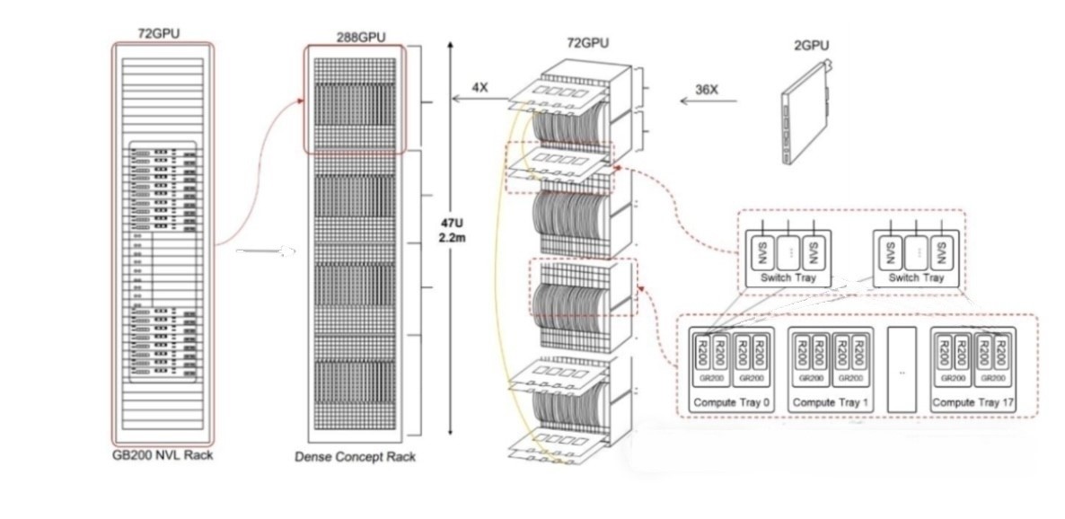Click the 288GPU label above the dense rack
tap(355, 38)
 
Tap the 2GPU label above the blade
tap(811, 43)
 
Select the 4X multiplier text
tap(480, 88)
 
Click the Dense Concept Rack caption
tap(355, 457)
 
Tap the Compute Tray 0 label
tap(732, 402)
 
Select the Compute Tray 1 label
tap(831, 402)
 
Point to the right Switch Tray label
tap(916, 278)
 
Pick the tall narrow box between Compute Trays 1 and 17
tap(901, 369)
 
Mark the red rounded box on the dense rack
tap(355, 99)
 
